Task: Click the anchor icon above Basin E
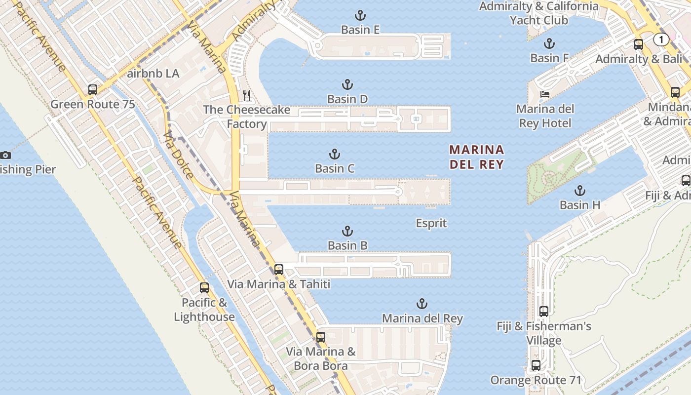(x=360, y=15)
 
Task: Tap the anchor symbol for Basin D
(x=347, y=84)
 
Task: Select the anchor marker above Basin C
(x=335, y=154)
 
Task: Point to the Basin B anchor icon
(x=347, y=231)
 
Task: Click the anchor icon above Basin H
(x=579, y=191)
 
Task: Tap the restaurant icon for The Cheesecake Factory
(x=247, y=95)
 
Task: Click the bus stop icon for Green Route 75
(x=92, y=90)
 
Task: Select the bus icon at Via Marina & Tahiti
(x=278, y=270)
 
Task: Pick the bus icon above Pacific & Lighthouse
(x=204, y=288)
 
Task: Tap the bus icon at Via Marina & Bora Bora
(x=321, y=337)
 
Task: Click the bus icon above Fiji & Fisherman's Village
(x=543, y=312)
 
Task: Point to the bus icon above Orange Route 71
(x=536, y=365)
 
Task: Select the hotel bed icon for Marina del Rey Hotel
(x=545, y=94)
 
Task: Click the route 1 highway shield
(x=661, y=39)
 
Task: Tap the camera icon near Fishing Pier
(x=5, y=155)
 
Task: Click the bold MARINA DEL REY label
(x=477, y=157)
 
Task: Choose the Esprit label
(x=431, y=223)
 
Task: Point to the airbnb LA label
(x=153, y=74)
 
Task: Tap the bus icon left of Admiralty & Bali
(x=638, y=44)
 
